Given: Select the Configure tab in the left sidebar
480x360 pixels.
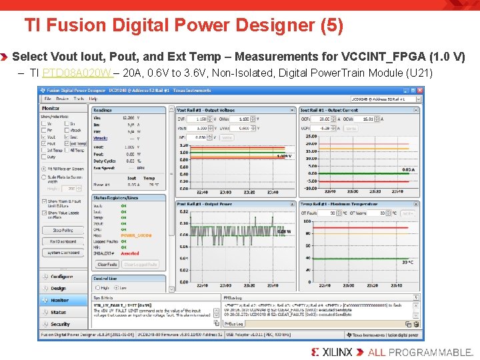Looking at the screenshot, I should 61,276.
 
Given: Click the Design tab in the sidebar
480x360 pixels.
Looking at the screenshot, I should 59,288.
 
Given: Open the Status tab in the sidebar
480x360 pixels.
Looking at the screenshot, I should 59,312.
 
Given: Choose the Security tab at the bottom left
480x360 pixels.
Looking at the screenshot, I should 60,324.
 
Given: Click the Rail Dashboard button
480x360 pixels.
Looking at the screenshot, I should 63,241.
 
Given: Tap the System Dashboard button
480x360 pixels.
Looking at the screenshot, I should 63,253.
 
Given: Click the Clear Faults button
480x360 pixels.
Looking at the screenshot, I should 107,265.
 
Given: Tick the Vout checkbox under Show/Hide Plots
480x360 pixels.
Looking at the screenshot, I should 45,137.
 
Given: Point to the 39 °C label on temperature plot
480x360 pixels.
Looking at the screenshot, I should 407,263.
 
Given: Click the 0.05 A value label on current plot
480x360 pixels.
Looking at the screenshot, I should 407,170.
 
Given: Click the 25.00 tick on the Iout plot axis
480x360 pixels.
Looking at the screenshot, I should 311,136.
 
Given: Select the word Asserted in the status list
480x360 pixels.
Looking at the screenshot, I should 130,253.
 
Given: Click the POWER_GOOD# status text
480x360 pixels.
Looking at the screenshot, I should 136,235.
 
